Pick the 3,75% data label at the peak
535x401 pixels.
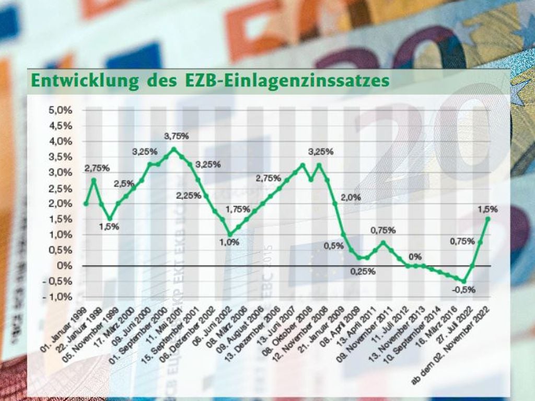[176, 136]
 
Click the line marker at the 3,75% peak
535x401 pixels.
[174, 149]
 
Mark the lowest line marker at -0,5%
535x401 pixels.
[463, 281]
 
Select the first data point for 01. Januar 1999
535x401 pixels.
[86, 204]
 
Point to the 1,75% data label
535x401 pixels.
[238, 209]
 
